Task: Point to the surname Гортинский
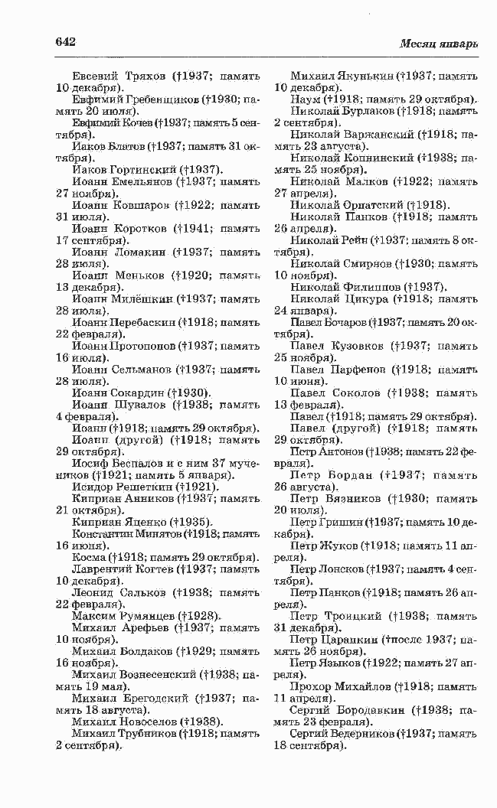tap(142, 169)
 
